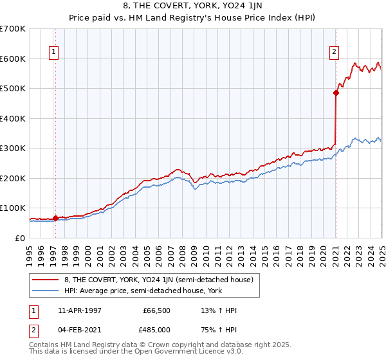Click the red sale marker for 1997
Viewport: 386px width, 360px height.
pyautogui.click(x=55, y=218)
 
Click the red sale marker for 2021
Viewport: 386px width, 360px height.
pyautogui.click(x=336, y=93)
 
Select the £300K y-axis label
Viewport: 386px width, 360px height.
pyautogui.click(x=13, y=148)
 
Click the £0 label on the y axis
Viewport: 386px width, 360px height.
pyautogui.click(x=21, y=238)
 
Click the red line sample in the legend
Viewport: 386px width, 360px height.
pyautogui.click(x=45, y=280)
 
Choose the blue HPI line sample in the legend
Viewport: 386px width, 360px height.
pyautogui.click(x=45, y=290)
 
